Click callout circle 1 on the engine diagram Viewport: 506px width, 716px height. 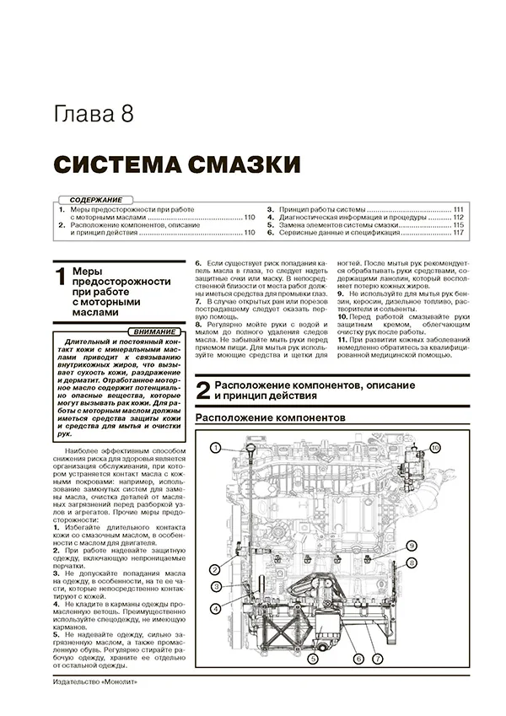point(216,446)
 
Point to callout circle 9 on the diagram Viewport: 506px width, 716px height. point(413,546)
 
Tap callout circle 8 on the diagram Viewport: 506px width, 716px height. point(412,562)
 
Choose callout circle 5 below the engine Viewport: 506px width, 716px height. point(312,658)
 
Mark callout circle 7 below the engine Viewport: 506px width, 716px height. point(377,658)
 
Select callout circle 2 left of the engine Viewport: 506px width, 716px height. point(216,569)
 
